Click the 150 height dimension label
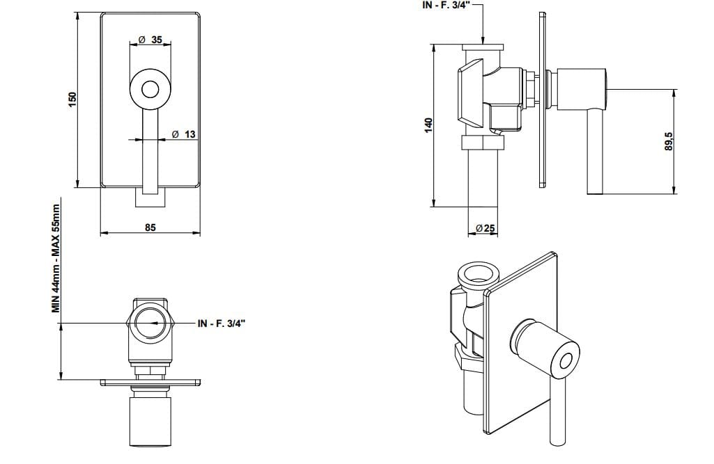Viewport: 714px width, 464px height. [x=72, y=99]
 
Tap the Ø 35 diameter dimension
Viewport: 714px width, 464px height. [x=150, y=40]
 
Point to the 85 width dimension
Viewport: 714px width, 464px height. [x=150, y=227]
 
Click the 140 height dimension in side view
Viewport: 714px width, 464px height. [x=428, y=125]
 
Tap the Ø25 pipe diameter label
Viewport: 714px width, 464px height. [x=485, y=228]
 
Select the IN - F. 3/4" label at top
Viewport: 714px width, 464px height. [x=447, y=5]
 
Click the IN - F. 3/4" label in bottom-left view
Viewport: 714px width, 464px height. [x=222, y=323]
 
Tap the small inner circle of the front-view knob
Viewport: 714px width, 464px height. [x=150, y=89]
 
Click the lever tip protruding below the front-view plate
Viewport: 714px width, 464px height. [x=150, y=197]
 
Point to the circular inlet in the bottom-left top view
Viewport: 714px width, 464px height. [x=150, y=324]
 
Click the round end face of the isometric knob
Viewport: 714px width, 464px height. [x=565, y=360]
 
